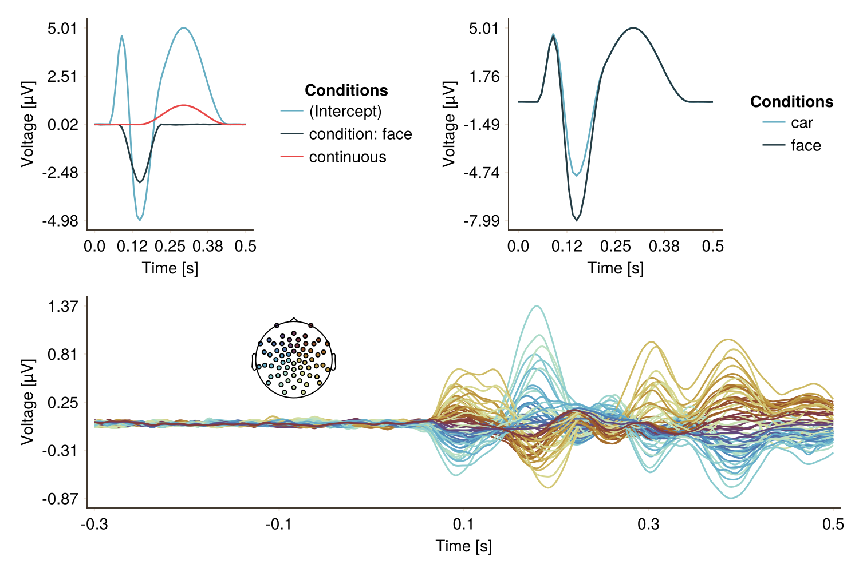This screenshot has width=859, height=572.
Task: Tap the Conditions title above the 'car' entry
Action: point(791,101)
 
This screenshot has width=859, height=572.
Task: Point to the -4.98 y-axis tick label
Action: point(60,221)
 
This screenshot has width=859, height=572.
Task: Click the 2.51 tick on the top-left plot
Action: point(62,76)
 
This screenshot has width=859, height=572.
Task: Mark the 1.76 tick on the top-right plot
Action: point(484,76)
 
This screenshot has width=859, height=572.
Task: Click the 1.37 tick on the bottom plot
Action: point(62,306)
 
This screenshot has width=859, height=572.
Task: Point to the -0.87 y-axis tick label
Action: point(60,499)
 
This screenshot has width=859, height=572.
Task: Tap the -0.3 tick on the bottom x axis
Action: point(94,524)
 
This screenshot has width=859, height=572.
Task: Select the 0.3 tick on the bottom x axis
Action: point(648,524)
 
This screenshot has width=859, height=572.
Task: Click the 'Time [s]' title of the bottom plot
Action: point(463,546)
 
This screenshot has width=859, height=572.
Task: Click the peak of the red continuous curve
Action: point(183,105)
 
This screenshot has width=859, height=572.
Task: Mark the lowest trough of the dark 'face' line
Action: point(577,220)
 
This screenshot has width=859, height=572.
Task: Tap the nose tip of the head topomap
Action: point(294,318)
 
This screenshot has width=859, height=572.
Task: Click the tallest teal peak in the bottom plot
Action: point(537,306)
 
